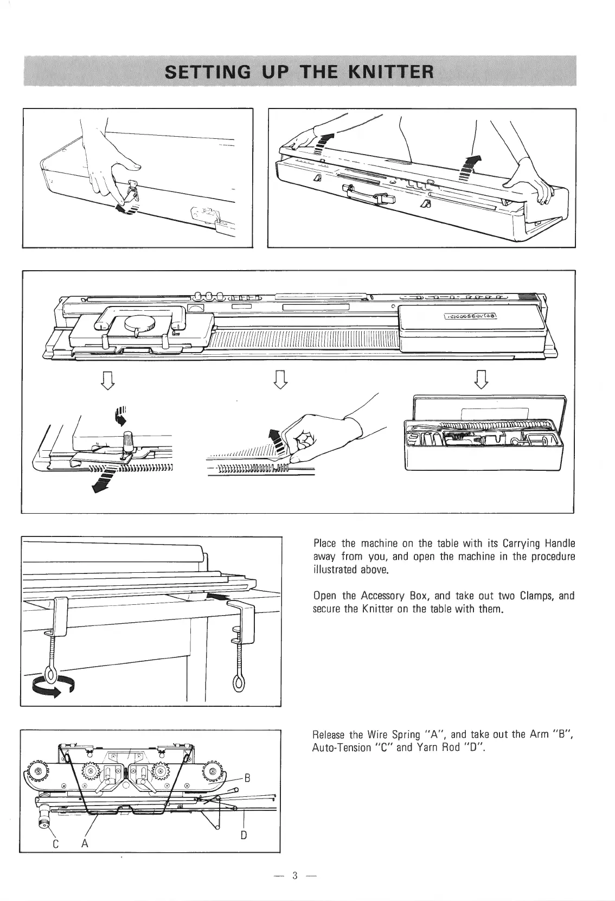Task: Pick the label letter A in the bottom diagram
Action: click(x=85, y=859)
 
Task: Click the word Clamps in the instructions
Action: click(x=538, y=596)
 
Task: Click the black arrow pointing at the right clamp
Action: click(x=215, y=597)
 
